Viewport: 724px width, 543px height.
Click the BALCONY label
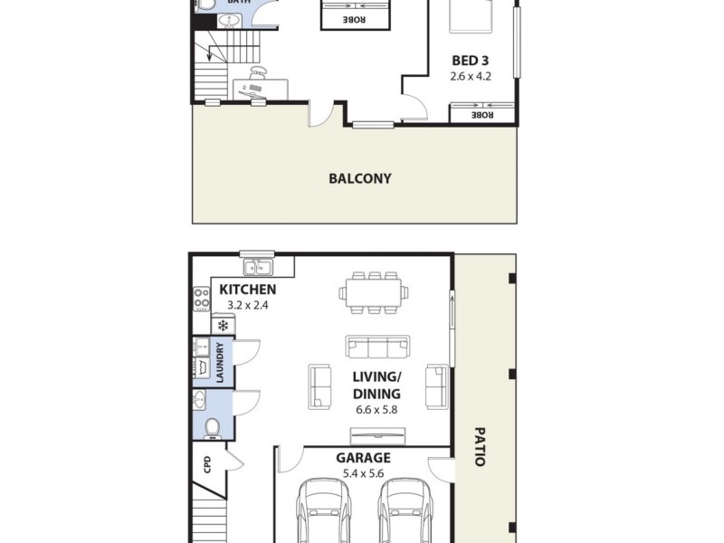(x=359, y=178)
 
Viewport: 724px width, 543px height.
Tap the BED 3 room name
(x=471, y=61)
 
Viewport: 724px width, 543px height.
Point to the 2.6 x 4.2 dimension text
(x=471, y=76)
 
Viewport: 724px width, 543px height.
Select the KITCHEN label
(x=247, y=290)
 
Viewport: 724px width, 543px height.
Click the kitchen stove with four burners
(x=201, y=299)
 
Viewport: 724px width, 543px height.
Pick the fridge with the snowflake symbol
(x=221, y=325)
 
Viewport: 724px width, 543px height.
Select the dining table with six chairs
(x=373, y=291)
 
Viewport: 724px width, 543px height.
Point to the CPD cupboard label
(x=207, y=464)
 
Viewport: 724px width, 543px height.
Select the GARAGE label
(x=363, y=458)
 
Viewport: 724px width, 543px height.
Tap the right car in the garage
(x=401, y=511)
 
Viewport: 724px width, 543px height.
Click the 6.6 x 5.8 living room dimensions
(x=376, y=409)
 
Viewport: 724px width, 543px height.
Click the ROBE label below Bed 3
(x=483, y=114)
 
